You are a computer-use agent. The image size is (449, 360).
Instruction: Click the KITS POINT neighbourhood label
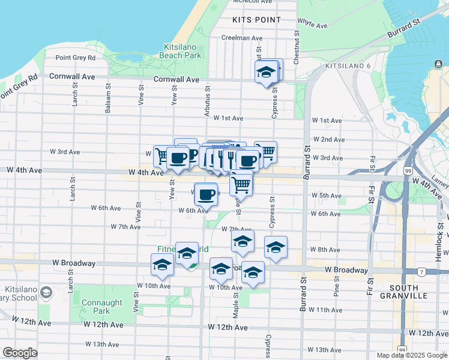[256, 20]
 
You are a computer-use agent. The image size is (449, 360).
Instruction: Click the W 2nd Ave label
[328, 140]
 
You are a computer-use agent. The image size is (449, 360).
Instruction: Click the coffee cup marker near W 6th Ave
[206, 194]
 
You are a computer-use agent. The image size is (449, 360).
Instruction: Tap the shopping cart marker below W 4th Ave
[241, 184]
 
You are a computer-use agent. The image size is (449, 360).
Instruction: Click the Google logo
[20, 353]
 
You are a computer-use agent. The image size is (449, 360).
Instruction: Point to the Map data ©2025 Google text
[412, 355]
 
